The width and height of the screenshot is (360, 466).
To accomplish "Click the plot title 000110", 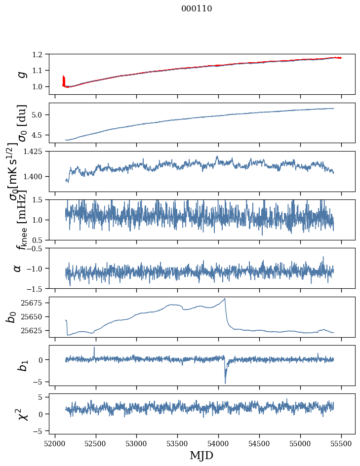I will click(197, 8).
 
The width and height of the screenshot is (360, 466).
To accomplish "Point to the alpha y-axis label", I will click(17, 268).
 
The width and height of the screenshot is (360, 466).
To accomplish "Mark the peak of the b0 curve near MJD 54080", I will click(225, 298).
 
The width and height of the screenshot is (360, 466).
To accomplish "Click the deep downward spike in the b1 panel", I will click(225, 383).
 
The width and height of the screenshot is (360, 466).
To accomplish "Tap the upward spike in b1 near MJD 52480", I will click(94, 347).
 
